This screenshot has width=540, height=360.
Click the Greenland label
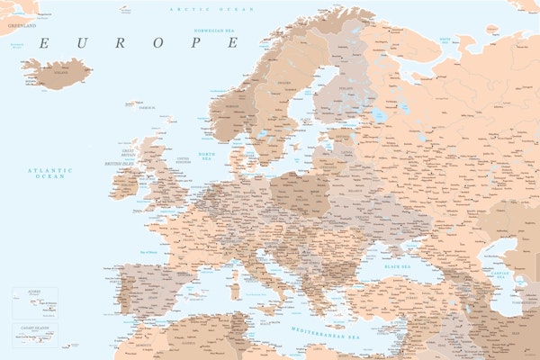coord(22,26)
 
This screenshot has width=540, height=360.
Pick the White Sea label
coord(445,40)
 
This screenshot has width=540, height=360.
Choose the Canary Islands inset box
coord(34,337)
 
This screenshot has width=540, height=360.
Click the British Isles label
coord(119,164)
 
